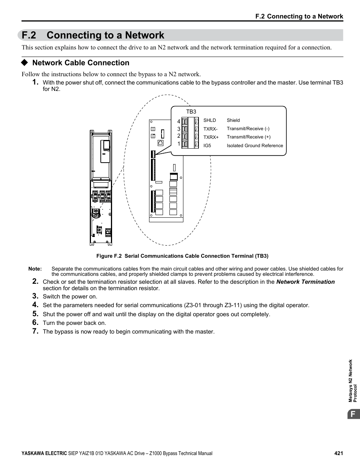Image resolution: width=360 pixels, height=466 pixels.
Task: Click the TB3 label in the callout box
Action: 191,112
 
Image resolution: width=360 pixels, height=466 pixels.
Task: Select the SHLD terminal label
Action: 209,120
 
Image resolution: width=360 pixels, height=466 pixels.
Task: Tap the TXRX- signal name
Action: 210,129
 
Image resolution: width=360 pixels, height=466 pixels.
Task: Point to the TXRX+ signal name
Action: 211,137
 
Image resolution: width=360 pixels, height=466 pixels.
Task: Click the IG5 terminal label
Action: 207,146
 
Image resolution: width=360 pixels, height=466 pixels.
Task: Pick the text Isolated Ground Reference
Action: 255,146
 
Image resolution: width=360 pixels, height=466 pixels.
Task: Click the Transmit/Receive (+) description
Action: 248,137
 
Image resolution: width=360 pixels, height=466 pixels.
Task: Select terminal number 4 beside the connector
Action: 179,121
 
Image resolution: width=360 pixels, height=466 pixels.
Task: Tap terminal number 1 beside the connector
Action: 179,144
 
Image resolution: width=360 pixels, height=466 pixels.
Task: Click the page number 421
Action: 338,454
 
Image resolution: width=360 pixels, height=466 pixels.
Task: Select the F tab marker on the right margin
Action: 353,414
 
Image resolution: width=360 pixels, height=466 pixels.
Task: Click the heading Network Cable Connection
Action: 81,63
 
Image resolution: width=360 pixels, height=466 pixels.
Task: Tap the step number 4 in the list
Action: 35,305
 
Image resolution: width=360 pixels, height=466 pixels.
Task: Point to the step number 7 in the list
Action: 35,331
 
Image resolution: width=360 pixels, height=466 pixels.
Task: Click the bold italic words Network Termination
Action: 305,282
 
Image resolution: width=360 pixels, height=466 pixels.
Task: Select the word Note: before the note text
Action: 35,269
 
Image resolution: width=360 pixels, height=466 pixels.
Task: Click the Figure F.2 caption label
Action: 109,256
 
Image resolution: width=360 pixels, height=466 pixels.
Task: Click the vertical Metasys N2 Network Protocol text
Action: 352,381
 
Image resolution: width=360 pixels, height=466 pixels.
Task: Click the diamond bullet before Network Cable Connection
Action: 25,63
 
